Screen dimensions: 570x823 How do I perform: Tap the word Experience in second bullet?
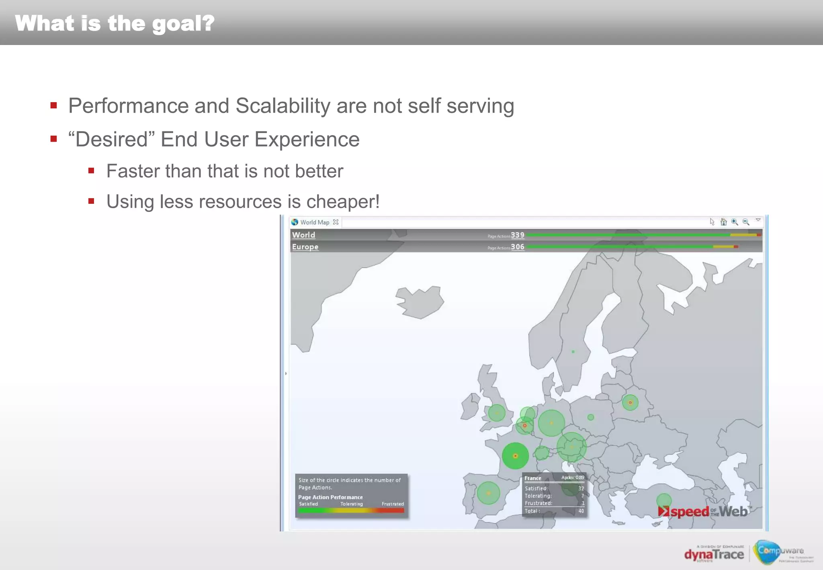307,139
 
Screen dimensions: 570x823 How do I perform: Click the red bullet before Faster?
91,171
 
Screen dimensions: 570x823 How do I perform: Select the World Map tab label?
315,222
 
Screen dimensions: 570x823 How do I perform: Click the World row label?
303,235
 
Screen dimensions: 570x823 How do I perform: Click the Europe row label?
305,247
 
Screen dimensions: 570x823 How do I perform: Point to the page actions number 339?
518,235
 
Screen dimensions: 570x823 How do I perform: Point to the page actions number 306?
518,247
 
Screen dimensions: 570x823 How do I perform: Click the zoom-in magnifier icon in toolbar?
735,222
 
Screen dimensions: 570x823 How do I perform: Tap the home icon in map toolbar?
723,222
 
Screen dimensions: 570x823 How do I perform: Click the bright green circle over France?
515,456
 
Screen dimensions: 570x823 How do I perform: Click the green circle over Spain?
488,493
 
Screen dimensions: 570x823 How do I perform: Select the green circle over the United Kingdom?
497,413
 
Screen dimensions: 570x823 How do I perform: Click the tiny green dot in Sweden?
573,352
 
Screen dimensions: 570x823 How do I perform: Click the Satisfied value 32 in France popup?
581,488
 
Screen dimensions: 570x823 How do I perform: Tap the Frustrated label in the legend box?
393,504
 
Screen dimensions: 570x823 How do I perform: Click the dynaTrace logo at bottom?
714,555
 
